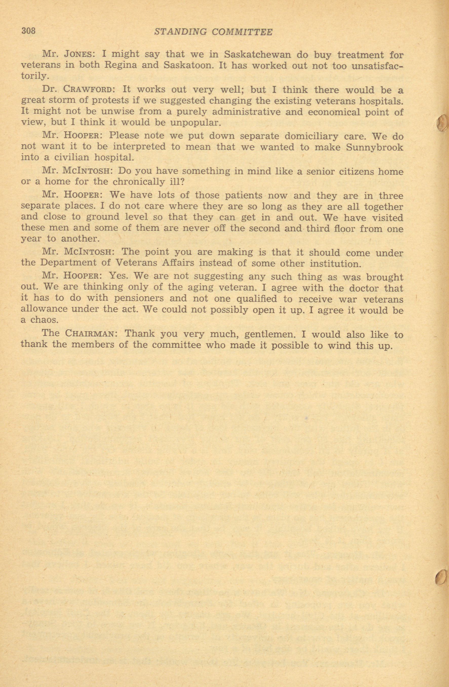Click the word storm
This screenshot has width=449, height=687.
click(x=62, y=100)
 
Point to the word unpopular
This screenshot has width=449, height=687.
click(x=196, y=123)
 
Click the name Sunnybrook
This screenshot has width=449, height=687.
click(x=375, y=147)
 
